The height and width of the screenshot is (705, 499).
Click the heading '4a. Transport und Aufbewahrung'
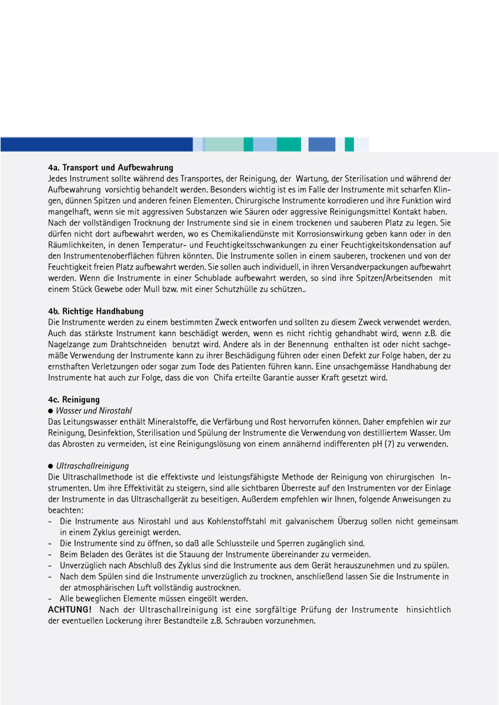pyautogui.click(x=110, y=167)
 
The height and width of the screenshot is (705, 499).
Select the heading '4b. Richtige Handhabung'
pyautogui.click(x=96, y=311)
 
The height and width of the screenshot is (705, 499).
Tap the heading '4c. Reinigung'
pyautogui.click(x=74, y=400)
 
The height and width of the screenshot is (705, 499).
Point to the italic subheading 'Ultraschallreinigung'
pyautogui.click(x=93, y=466)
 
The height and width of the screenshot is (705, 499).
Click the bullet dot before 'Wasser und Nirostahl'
pyautogui.click(x=51, y=411)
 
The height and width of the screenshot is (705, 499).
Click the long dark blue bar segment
pyautogui.click(x=96, y=144)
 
